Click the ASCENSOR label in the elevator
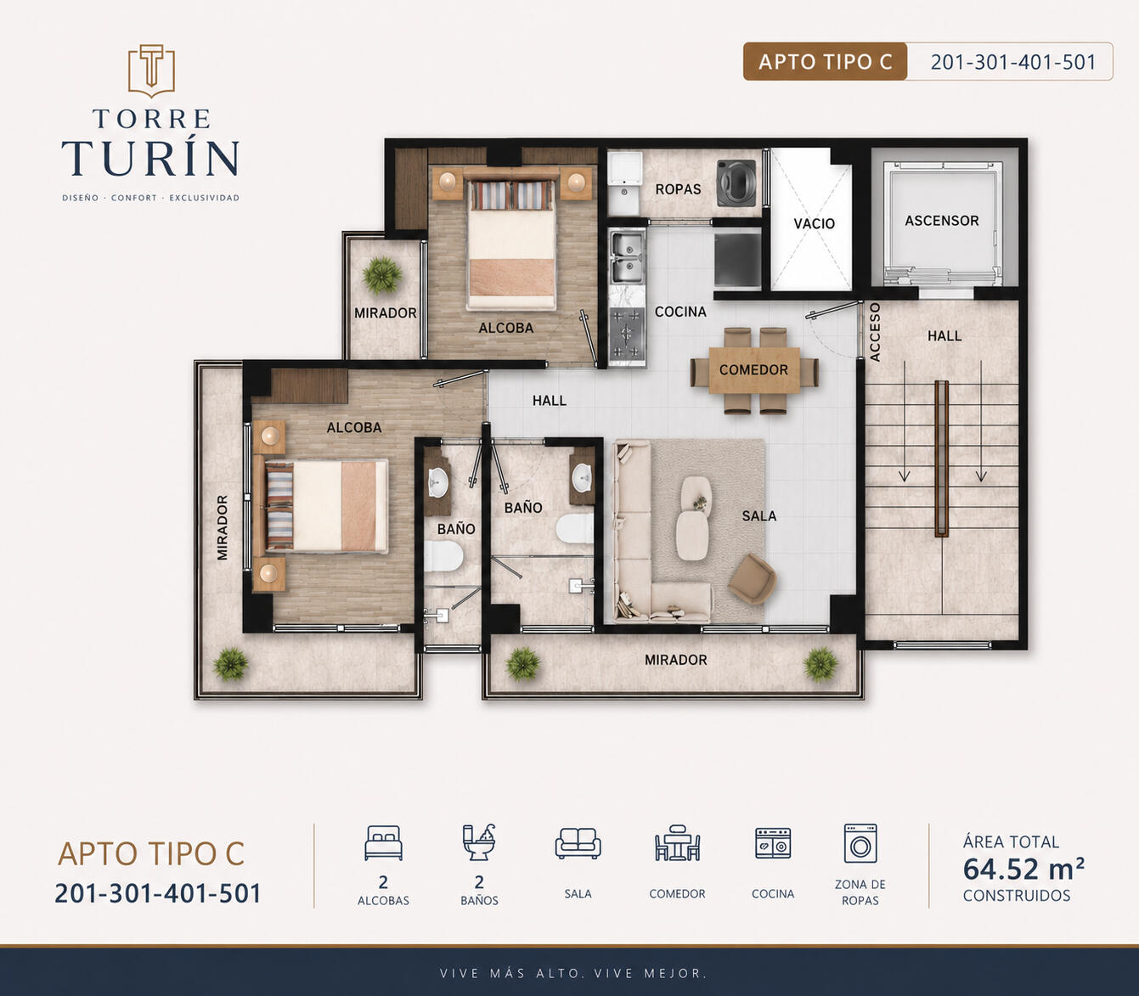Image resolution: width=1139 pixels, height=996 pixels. pos(941,221)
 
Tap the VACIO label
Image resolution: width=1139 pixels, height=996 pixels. pos(814,223)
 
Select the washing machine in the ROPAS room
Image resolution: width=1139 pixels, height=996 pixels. pos(736,183)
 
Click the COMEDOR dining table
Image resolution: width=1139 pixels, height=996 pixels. pos(754,370)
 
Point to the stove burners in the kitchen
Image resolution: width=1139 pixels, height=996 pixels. pos(627,334)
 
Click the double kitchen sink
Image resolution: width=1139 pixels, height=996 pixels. pos(627,257)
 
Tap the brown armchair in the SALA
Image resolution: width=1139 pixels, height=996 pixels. pos(752,579)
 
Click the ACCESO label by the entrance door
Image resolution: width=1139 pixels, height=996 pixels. pos(875,332)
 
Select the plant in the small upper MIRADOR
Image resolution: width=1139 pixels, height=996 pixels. pos(382,275)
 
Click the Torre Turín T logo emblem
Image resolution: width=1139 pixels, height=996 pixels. pos(151,70)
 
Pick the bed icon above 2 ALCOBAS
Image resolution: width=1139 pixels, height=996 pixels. pos(383,843)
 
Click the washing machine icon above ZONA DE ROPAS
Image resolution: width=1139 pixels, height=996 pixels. pos(860,843)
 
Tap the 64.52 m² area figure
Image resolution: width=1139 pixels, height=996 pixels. pos(1023,869)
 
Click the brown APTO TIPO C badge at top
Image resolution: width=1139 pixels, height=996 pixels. pos(825,61)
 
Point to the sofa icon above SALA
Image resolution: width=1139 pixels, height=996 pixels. pos(578,843)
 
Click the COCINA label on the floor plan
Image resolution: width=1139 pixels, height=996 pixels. pos(680,312)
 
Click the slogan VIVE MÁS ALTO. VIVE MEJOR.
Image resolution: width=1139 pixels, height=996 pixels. pos(572,973)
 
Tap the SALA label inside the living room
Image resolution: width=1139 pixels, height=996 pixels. pos(758,515)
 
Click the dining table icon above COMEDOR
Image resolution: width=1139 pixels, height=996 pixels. pos(677,843)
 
